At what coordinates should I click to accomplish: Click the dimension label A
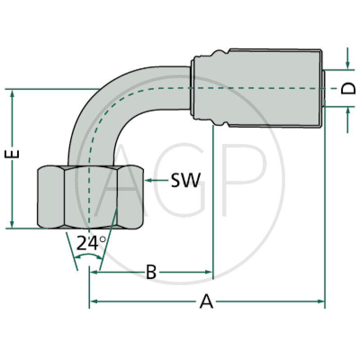point(206,301)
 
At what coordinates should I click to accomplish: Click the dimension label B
point(151,272)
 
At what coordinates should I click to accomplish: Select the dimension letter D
point(348,88)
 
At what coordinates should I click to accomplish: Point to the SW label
point(185,180)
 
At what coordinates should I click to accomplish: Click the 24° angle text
point(91,243)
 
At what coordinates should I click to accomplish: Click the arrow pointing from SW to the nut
point(156,180)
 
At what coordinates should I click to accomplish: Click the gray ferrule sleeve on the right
point(256,88)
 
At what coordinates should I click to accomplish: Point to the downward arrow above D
point(348,66)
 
